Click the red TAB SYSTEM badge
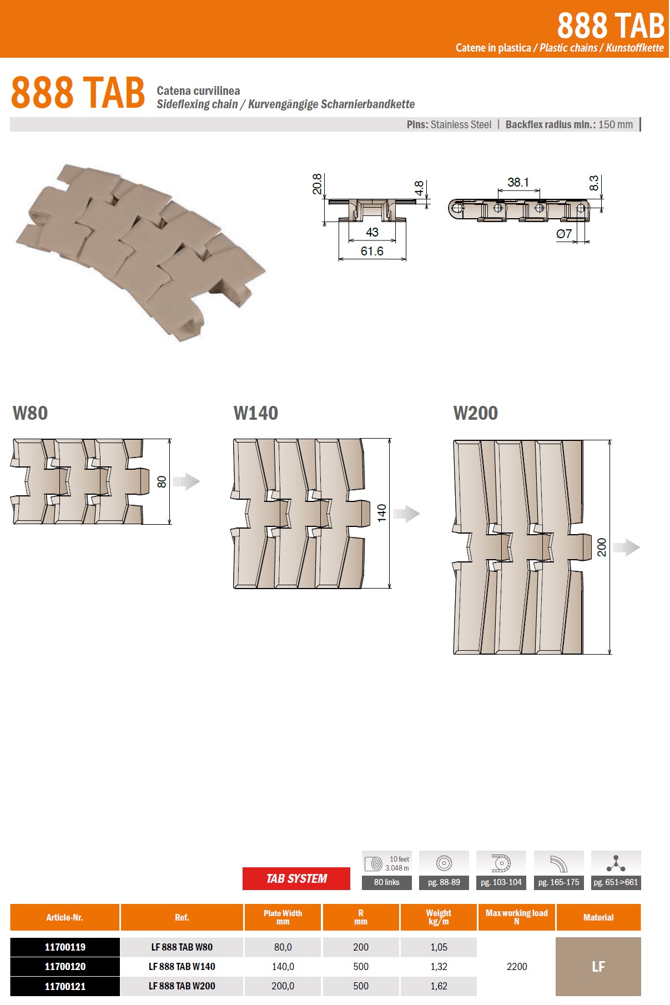(x=296, y=878)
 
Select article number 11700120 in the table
(x=65, y=966)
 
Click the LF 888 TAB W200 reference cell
(x=182, y=986)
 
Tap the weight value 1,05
(x=439, y=947)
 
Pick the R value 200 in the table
(x=361, y=947)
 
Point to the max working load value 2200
(x=517, y=967)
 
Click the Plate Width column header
(x=283, y=917)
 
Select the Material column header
(x=598, y=917)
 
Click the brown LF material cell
(x=598, y=967)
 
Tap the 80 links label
(x=387, y=882)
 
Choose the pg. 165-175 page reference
(x=558, y=882)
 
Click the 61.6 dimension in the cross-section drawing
(x=372, y=251)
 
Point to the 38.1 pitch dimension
(x=518, y=182)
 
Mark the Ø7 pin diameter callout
(x=564, y=234)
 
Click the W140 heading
(x=256, y=413)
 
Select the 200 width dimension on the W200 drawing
(x=602, y=547)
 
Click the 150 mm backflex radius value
(x=616, y=124)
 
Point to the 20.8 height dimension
(x=317, y=184)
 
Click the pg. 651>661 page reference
(x=616, y=882)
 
